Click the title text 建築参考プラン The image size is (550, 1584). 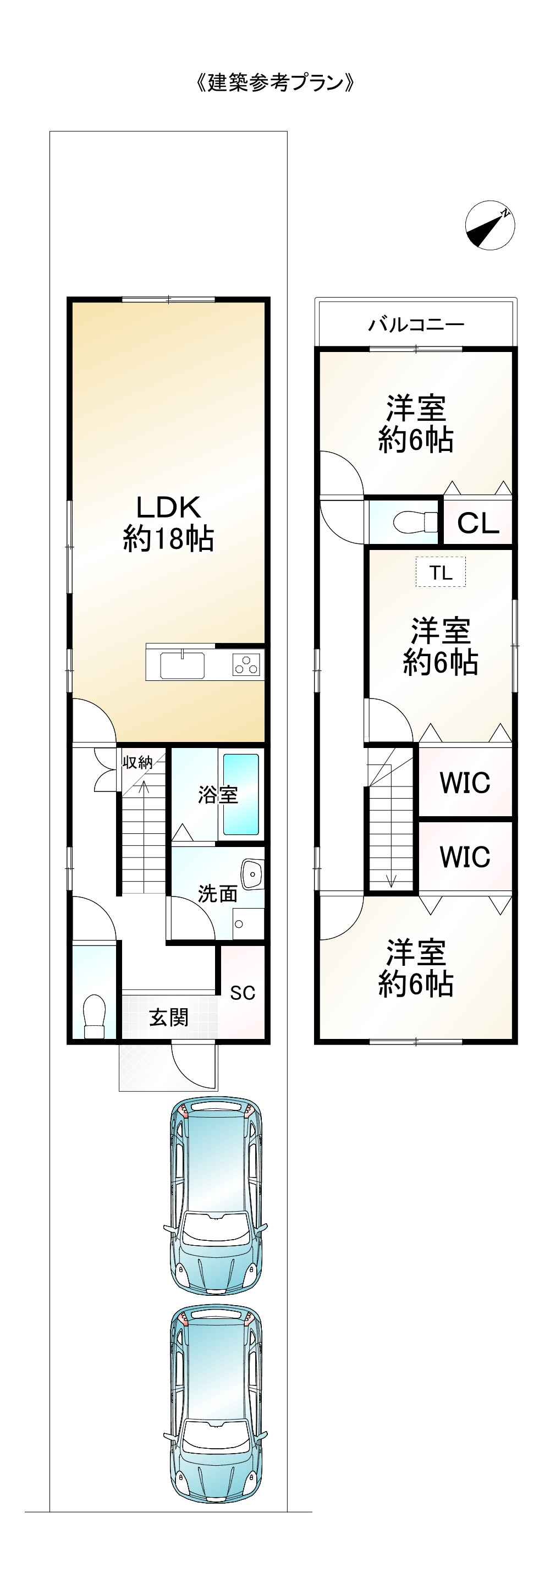[x=275, y=82]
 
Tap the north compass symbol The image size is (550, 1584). [x=490, y=225]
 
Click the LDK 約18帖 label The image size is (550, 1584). [x=168, y=522]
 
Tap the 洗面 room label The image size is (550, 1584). [x=217, y=893]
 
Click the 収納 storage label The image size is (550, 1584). [x=137, y=762]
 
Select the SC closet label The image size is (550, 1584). [x=243, y=992]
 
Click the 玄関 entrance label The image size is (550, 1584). [x=168, y=1018]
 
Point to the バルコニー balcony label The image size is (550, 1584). [x=416, y=324]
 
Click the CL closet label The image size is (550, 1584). [x=478, y=523]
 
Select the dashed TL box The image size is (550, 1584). [x=441, y=573]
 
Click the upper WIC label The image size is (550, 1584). [x=465, y=783]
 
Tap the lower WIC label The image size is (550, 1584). [x=465, y=856]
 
